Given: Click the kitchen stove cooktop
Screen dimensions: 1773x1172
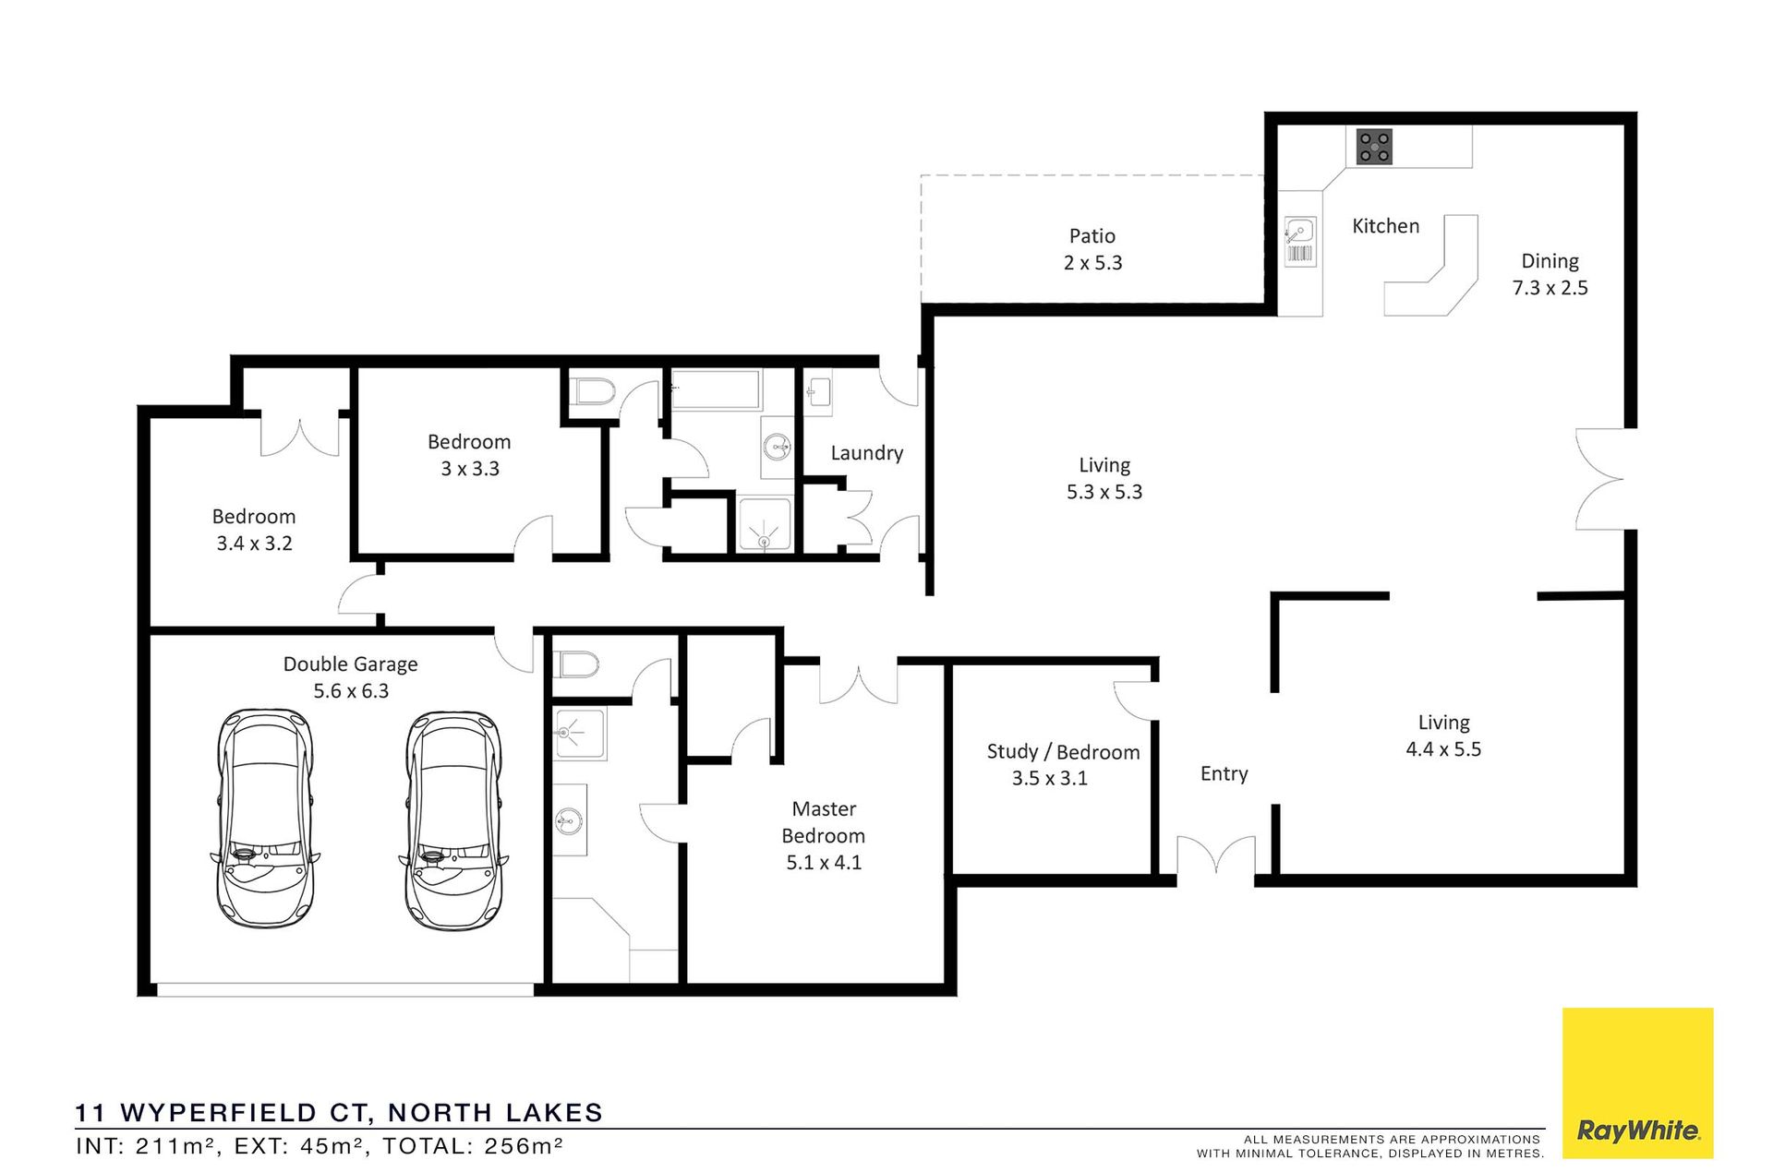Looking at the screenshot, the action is (x=1374, y=147).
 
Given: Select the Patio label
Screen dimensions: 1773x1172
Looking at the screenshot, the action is (x=1092, y=236).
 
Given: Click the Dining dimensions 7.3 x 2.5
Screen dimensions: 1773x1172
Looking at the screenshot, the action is (x=1550, y=288).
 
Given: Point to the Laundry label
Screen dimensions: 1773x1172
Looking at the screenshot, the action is (x=866, y=453).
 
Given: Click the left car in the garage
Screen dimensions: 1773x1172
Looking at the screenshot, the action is (x=265, y=819).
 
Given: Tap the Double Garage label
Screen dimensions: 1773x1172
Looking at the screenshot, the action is (x=350, y=664).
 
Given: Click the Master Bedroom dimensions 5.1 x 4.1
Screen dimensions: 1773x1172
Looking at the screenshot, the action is (x=824, y=863).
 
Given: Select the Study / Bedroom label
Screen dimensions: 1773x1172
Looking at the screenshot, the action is (x=1063, y=752).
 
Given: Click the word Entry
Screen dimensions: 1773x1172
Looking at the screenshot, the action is (x=1224, y=774).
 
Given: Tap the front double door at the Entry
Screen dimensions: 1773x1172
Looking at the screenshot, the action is (x=1215, y=855).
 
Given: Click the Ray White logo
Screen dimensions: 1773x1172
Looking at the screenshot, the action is (x=1637, y=1082).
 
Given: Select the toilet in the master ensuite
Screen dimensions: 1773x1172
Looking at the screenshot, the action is (x=576, y=664).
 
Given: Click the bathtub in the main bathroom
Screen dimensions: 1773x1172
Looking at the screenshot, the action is (x=716, y=389).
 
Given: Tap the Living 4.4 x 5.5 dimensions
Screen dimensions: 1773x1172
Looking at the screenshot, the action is (x=1443, y=749).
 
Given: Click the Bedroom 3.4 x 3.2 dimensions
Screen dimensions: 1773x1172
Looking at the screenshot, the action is (x=254, y=544).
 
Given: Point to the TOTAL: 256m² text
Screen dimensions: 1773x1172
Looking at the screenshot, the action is (x=473, y=1146).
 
